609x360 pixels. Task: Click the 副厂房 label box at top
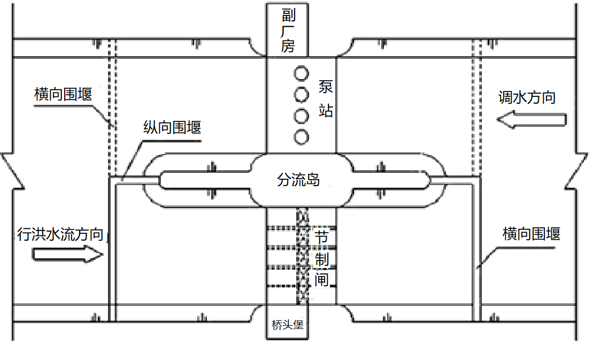click(x=288, y=30)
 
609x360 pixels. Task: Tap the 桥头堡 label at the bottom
click(x=288, y=325)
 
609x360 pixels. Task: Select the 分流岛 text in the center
click(x=298, y=180)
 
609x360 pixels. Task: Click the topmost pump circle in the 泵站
click(x=301, y=73)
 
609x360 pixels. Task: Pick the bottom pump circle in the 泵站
click(x=301, y=137)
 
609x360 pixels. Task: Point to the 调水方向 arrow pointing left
click(x=531, y=119)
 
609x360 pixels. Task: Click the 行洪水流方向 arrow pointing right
click(x=68, y=255)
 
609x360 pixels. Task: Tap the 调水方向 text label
click(x=527, y=97)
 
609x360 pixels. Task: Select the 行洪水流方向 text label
click(x=60, y=234)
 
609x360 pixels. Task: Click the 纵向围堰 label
click(x=172, y=127)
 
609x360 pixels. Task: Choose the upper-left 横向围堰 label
click(x=63, y=94)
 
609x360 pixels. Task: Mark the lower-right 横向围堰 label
click(x=531, y=234)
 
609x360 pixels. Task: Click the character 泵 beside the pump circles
click(x=326, y=87)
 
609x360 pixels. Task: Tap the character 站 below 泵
click(x=326, y=110)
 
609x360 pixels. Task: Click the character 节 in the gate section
click(x=321, y=237)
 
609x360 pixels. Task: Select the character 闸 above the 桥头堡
click(x=321, y=280)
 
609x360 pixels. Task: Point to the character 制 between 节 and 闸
click(x=321, y=259)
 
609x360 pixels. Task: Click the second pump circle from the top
click(x=301, y=95)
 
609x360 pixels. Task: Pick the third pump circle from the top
click(x=301, y=116)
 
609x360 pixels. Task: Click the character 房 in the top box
click(x=288, y=46)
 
